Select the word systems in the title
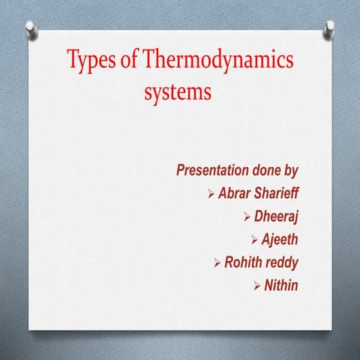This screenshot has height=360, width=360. click(178, 93)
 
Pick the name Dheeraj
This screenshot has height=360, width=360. click(278, 217)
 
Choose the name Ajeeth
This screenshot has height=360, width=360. click(281, 240)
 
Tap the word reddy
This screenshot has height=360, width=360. click(284, 262)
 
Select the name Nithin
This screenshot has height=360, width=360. click(282, 285)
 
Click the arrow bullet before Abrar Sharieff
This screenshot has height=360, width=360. click(211, 194)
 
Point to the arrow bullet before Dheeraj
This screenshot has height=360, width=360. click(248, 217)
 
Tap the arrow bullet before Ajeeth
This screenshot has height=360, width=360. click(254, 241)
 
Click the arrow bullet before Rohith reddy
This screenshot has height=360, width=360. click(217, 263)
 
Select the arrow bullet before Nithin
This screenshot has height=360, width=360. click(256, 286)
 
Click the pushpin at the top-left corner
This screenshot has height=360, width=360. click(31, 29)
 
